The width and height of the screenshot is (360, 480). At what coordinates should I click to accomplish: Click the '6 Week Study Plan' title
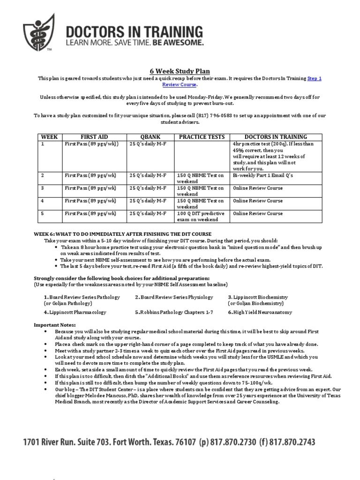tap(180, 71)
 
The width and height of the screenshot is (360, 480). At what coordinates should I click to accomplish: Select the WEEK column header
tap(50, 137)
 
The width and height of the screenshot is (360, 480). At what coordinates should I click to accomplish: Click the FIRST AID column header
tap(94, 137)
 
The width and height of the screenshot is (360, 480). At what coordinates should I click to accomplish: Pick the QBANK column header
tap(150, 137)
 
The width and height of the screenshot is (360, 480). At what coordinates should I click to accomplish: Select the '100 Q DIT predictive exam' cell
tap(201, 217)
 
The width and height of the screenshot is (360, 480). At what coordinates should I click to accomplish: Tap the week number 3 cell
tap(43, 188)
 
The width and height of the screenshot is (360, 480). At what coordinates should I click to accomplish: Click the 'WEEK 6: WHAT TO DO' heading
tap(122, 233)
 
